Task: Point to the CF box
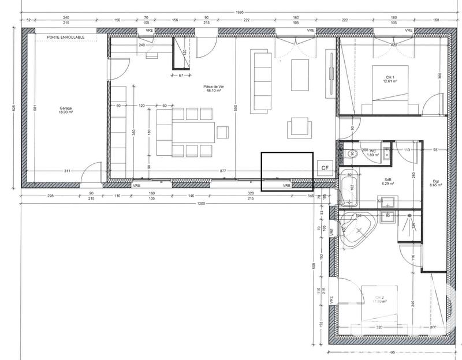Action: coord(325,167)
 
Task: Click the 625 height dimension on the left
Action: coord(13,107)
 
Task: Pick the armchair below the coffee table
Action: coord(300,127)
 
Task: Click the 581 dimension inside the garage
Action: coord(34,107)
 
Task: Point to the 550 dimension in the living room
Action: coord(236,107)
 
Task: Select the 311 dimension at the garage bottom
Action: coord(67,171)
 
